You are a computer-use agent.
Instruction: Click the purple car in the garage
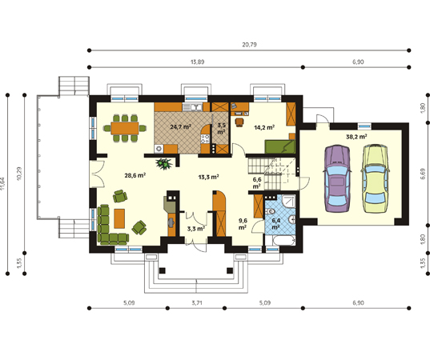(x=337, y=179)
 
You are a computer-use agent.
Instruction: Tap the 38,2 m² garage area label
(x=356, y=137)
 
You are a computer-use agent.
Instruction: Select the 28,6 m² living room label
(x=135, y=175)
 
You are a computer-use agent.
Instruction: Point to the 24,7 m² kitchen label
(x=180, y=127)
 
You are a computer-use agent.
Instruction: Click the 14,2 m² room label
(x=264, y=127)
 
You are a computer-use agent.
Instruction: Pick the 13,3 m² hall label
(x=208, y=177)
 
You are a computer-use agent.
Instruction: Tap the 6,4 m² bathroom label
(x=276, y=223)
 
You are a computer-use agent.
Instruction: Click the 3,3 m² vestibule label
(x=196, y=229)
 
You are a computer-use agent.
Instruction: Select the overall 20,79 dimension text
(x=249, y=45)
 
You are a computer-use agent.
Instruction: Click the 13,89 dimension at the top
(x=198, y=62)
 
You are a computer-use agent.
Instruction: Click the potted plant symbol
(x=164, y=163)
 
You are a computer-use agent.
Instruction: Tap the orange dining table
(x=125, y=128)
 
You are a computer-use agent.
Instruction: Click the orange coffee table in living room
(x=119, y=218)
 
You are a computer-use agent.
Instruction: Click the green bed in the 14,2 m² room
(x=279, y=146)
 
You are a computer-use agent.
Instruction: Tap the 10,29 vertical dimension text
(x=19, y=174)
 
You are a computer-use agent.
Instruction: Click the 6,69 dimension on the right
(x=423, y=174)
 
